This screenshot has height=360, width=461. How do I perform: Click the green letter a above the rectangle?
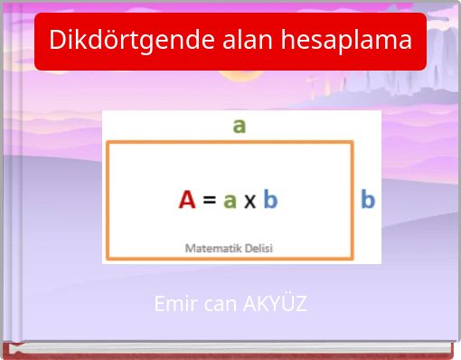(239, 125)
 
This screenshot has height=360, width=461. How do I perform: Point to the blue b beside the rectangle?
(368, 199)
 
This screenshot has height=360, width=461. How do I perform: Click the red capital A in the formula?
(187, 199)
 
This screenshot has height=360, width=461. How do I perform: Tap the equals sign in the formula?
(209, 200)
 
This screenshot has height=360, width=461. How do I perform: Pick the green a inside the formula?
(230, 201)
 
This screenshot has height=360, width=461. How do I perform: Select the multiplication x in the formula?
(249, 201)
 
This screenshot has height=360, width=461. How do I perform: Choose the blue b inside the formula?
(270, 199)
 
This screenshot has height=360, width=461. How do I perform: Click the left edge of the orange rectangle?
(108, 199)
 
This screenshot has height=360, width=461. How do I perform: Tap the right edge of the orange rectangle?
(352, 199)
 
